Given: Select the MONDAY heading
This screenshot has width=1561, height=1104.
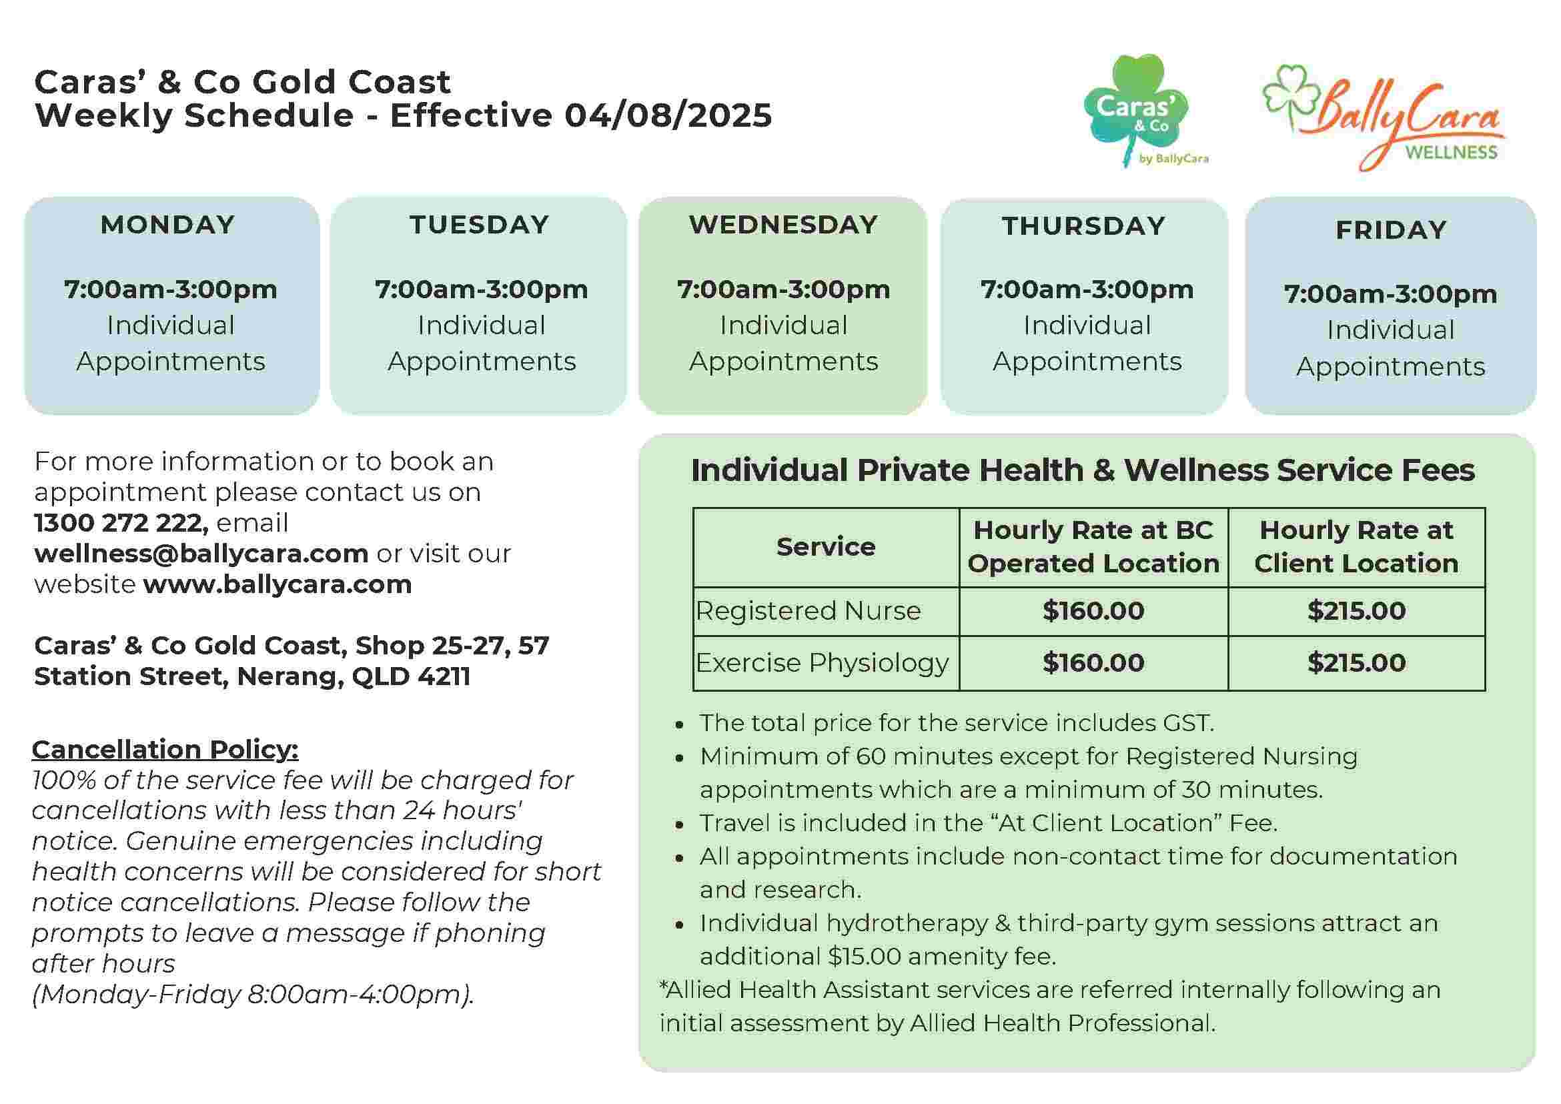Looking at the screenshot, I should pyautogui.click(x=168, y=225).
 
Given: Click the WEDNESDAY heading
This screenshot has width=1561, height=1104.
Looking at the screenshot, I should pyautogui.click(x=783, y=225).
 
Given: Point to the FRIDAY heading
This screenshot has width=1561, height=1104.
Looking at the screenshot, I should pyautogui.click(x=1391, y=230).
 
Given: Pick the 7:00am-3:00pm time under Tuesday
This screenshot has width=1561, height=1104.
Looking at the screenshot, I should pyautogui.click(x=482, y=290).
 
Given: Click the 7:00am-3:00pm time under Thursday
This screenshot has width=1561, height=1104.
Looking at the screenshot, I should pyautogui.click(x=1087, y=290).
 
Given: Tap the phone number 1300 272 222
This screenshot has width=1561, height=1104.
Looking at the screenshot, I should pyautogui.click(x=119, y=523).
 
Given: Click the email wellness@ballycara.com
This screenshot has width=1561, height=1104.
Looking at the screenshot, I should pyautogui.click(x=201, y=554).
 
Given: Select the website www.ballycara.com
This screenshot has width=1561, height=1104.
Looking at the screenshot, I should pyautogui.click(x=278, y=584).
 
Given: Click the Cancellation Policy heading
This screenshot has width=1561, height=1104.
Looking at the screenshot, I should pyautogui.click(x=165, y=749).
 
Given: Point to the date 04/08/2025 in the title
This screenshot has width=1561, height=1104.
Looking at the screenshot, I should pyautogui.click(x=668, y=115).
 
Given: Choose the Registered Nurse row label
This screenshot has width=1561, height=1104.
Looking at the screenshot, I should pyautogui.click(x=808, y=611).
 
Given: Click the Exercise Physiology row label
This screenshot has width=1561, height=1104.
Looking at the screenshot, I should pyautogui.click(x=821, y=663).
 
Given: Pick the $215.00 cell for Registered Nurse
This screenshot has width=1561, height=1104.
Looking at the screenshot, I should pyautogui.click(x=1356, y=611).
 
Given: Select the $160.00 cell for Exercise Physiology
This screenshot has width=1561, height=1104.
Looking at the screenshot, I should pyautogui.click(x=1093, y=663).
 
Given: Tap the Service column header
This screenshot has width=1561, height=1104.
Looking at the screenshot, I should pyautogui.click(x=825, y=546).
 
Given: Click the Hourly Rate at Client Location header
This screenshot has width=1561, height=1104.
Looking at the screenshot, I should pyautogui.click(x=1356, y=546).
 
